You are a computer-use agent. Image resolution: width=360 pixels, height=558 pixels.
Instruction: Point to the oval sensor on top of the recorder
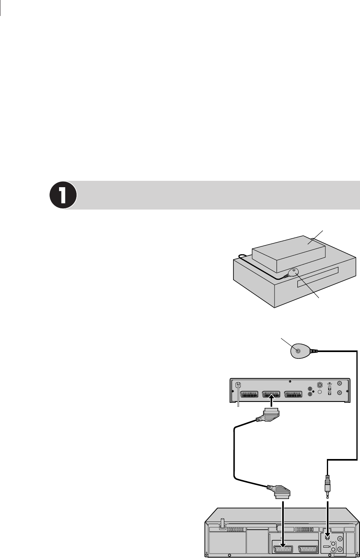(x=293, y=273)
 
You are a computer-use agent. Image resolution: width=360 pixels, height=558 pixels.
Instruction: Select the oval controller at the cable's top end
(x=300, y=351)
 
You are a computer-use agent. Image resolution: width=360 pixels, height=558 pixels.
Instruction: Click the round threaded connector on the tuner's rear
(x=319, y=386)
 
